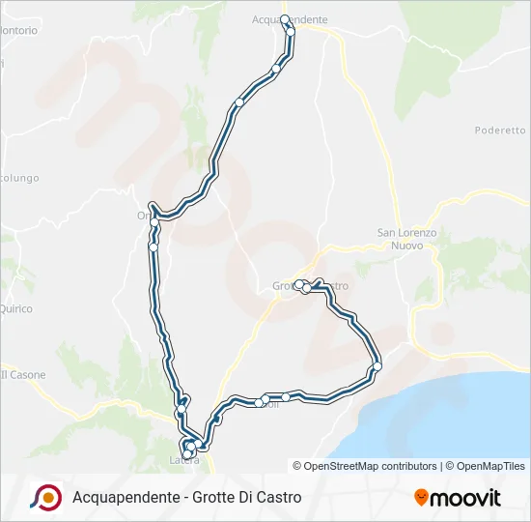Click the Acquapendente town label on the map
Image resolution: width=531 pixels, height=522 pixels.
pyautogui.click(x=290, y=19)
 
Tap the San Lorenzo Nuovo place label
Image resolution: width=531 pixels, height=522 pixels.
pyautogui.click(x=406, y=239)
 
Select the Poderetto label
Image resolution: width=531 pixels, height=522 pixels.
pyautogui.click(x=499, y=130)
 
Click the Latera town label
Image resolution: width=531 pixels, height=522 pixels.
pyautogui.click(x=184, y=459)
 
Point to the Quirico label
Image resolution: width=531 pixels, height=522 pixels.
pyautogui.click(x=16, y=309)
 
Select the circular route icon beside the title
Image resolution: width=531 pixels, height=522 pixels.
pyautogui.click(x=45, y=497)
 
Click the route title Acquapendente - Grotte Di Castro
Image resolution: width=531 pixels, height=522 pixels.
pyautogui.click(x=186, y=497)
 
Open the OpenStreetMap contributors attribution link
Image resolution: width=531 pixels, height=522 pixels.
pyautogui.click(x=365, y=466)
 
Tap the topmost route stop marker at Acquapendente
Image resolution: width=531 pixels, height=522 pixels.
pyautogui.click(x=285, y=19)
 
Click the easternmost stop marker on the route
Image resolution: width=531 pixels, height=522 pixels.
pyautogui.click(x=377, y=366)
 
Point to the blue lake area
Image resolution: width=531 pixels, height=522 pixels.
pyautogui.click(x=454, y=416)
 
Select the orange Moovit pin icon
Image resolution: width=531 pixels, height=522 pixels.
pyautogui.click(x=421, y=498)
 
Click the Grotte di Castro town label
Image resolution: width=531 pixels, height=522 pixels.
pyautogui.click(x=310, y=287)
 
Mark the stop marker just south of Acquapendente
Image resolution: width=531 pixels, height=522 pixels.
pyautogui.click(x=291, y=32)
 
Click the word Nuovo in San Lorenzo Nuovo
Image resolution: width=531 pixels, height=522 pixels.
pyautogui.click(x=406, y=246)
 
